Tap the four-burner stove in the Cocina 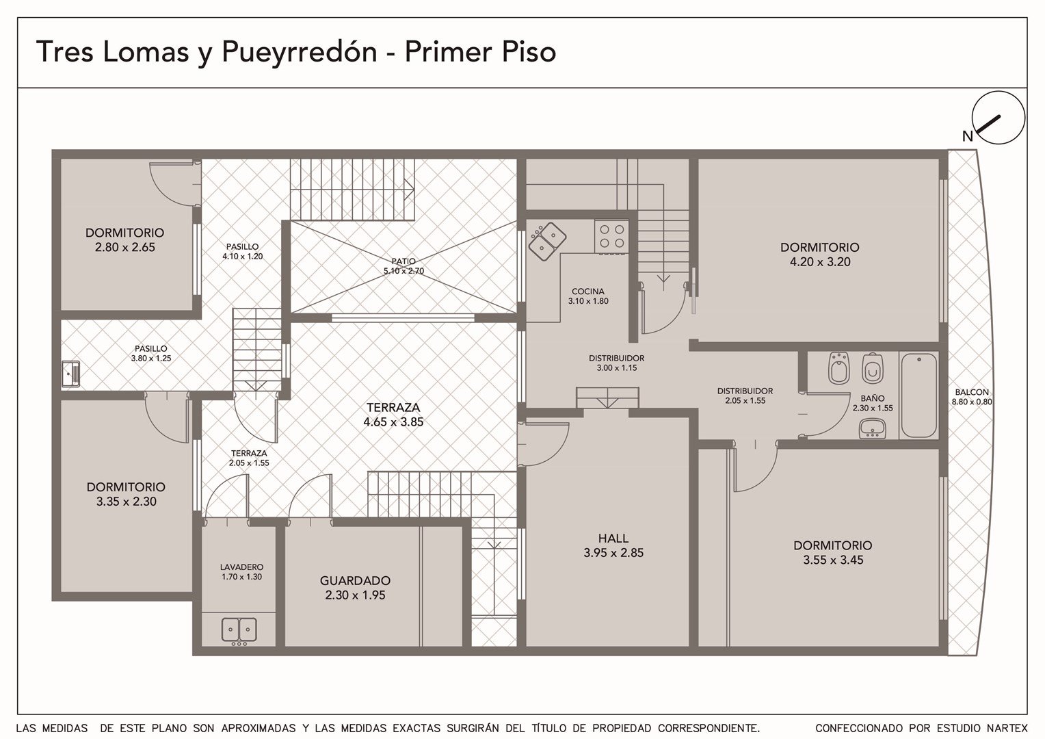[612, 236]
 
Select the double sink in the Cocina [547, 242]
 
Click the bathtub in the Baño [918, 396]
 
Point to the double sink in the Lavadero [239, 630]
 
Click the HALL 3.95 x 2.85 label [613, 545]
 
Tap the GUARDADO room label [355, 580]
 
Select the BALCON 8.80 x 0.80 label [973, 397]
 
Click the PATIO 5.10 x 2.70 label [404, 266]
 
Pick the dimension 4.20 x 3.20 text [820, 262]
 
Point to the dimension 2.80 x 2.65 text [125, 248]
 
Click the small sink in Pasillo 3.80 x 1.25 [70, 374]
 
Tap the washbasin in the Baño [873, 428]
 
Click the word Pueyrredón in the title [299, 52]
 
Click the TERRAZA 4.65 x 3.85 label [393, 415]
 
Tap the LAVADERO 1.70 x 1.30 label [241, 572]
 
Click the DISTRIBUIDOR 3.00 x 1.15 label [616, 363]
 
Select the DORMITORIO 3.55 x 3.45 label [833, 552]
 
